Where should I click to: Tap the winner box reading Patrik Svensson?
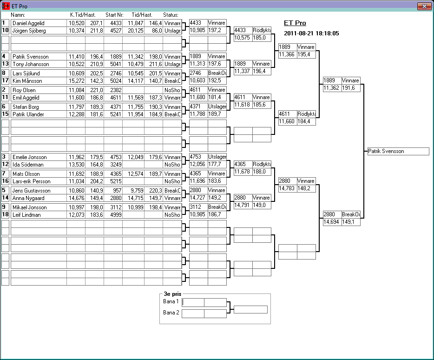pyautogui.click(x=398, y=151)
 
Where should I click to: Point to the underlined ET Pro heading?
pyautogui.click(x=295, y=23)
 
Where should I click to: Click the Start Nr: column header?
pyautogui.click(x=114, y=15)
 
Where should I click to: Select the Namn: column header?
pyautogui.click(x=18, y=15)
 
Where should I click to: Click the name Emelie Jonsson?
pyautogui.click(x=29, y=157)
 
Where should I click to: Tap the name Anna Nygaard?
pyautogui.click(x=28, y=198)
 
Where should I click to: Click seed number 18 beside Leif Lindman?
pyautogui.click(x=5, y=215)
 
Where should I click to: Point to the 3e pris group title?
pyautogui.click(x=172, y=294)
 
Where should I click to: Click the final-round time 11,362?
pyautogui.click(x=332, y=88)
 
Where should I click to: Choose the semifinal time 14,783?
pyautogui.click(x=287, y=188)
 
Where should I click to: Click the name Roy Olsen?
pyautogui.click(x=24, y=90)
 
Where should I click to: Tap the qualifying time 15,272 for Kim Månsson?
pyautogui.click(x=77, y=81)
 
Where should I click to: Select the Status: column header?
pyautogui.click(x=171, y=15)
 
